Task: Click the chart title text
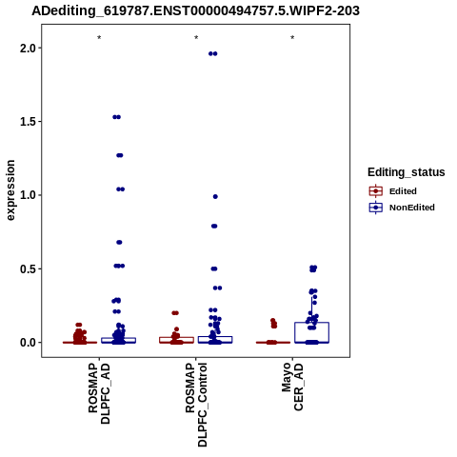click(195, 10)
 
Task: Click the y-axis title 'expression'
click(10, 190)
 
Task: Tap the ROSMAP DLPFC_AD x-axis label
click(99, 393)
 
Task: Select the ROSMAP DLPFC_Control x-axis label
click(196, 405)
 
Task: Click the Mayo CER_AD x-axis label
click(292, 387)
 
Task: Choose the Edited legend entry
click(393, 191)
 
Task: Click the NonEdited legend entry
click(402, 208)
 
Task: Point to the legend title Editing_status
click(407, 172)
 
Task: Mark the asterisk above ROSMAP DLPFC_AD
click(99, 38)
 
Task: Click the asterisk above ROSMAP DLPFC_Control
click(196, 38)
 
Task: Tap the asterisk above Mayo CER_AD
click(292, 38)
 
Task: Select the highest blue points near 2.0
click(213, 53)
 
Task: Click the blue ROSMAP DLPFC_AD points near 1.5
click(116, 117)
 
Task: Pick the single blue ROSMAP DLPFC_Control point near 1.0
click(215, 197)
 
